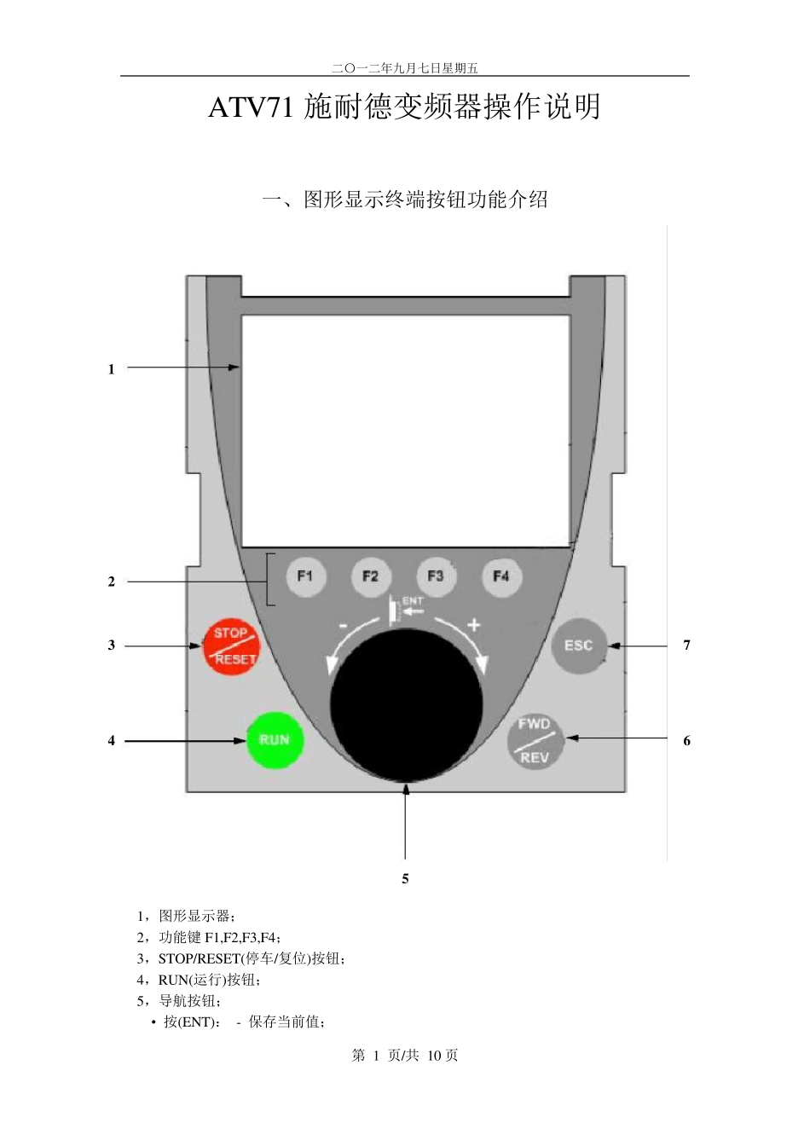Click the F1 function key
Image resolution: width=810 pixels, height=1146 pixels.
pos(305,577)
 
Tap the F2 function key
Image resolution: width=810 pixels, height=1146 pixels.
pos(371,577)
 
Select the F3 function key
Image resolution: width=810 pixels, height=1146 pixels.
pos(436,577)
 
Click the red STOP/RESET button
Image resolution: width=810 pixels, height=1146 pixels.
pos(231,646)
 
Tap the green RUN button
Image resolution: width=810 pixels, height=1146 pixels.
pos(275,740)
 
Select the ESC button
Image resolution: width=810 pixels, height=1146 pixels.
pos(579,645)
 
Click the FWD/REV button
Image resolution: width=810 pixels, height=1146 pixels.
pos(535,741)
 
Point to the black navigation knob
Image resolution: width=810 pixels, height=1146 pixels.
pos(407,705)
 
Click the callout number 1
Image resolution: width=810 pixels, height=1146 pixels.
pos(112,369)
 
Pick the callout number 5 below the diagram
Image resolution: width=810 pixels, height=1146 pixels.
pos(405,879)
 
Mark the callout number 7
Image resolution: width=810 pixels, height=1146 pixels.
pos(686,645)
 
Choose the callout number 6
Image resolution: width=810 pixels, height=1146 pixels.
pos(686,741)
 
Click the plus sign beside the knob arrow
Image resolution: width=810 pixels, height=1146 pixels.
pos(474,625)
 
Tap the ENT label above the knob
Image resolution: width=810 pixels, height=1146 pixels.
pos(413,600)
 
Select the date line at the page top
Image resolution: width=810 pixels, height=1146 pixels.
pos(405,68)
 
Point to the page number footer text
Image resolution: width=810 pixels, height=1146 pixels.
pos(405,1055)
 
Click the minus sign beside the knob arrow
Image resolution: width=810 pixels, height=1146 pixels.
pos(343,626)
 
